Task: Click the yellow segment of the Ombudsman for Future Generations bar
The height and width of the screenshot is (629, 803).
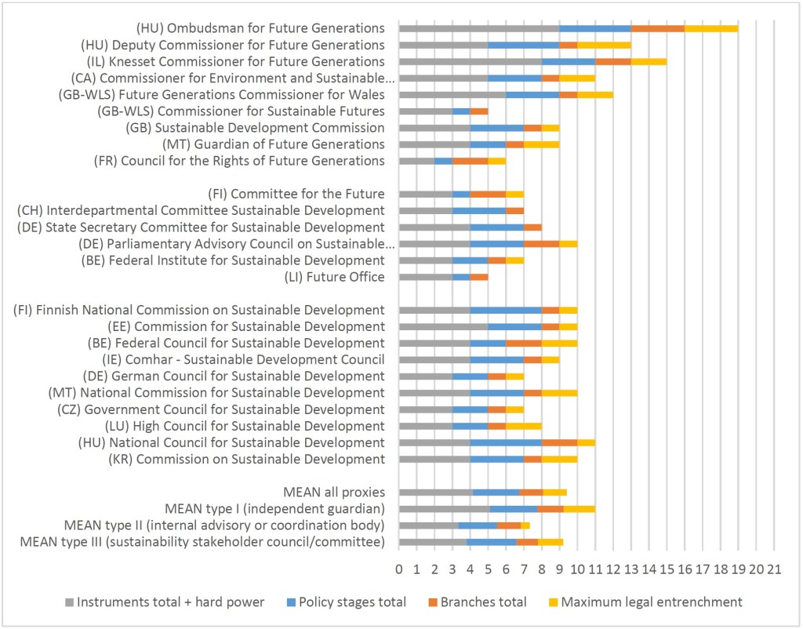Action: pyautogui.click(x=711, y=29)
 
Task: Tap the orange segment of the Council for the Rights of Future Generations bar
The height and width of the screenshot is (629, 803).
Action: pyautogui.click(x=470, y=161)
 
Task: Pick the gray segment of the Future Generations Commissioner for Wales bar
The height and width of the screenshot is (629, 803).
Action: pyautogui.click(x=452, y=95)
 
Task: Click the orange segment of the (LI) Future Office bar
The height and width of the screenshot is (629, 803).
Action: pyautogui.click(x=478, y=277)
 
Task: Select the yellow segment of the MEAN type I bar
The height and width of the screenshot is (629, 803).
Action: pyautogui.click(x=580, y=509)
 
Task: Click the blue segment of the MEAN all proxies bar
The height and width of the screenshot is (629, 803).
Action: pyautogui.click(x=496, y=493)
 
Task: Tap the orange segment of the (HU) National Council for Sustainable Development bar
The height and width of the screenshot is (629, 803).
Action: pyautogui.click(x=559, y=443)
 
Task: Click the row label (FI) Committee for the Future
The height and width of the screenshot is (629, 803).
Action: pyautogui.click(x=296, y=194)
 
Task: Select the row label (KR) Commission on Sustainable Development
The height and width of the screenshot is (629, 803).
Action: pyautogui.click(x=247, y=459)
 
